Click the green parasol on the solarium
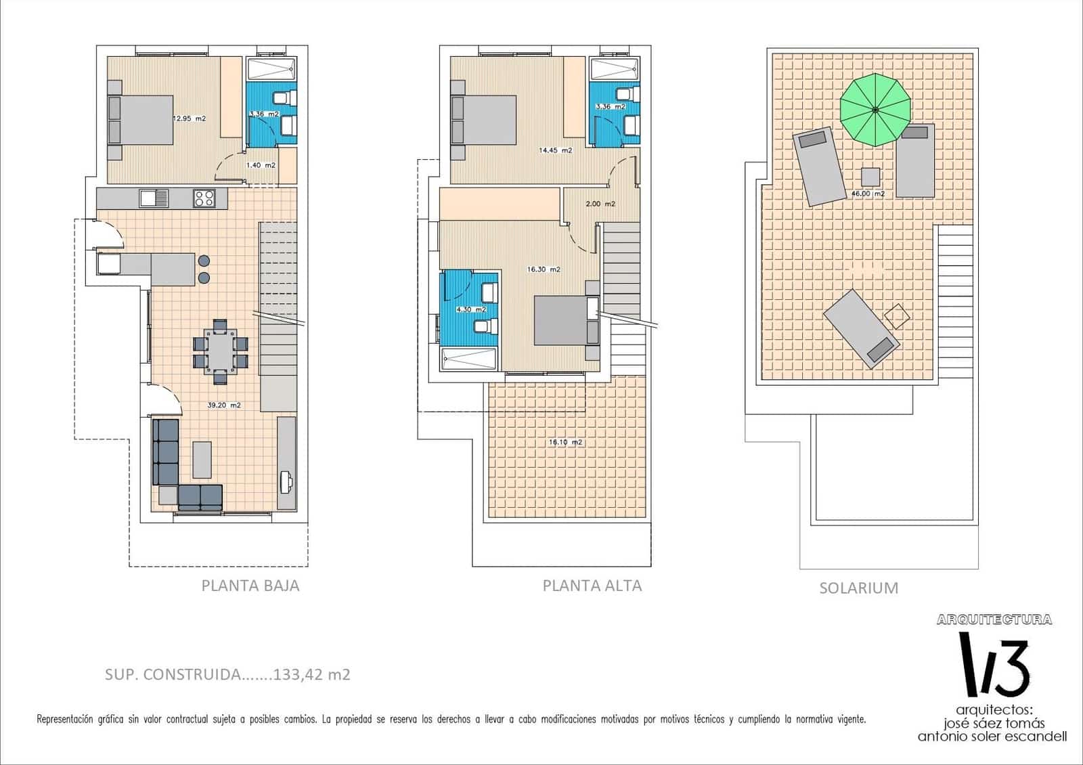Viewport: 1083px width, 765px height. point(875,110)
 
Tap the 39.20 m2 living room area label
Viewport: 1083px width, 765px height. point(224,406)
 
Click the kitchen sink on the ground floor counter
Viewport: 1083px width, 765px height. point(154,198)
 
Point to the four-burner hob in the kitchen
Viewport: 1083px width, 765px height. point(204,198)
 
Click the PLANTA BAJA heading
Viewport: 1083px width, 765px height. point(250,586)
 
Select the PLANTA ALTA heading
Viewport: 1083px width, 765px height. point(592,586)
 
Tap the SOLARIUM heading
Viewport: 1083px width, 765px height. point(858,588)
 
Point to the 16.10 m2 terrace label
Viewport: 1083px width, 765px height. point(566,442)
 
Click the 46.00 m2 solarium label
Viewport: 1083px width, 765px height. point(868,194)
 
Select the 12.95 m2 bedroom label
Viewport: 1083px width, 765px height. point(189,118)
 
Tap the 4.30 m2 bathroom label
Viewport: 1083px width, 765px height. point(471,309)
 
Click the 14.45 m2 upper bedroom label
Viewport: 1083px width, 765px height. point(555,150)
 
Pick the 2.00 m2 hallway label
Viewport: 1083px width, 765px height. point(600,204)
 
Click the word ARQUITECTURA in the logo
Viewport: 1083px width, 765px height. point(994,619)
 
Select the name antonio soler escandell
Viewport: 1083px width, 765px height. point(992,737)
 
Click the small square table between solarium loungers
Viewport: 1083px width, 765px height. point(870,177)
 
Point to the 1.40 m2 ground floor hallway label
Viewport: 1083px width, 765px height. point(261,165)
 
